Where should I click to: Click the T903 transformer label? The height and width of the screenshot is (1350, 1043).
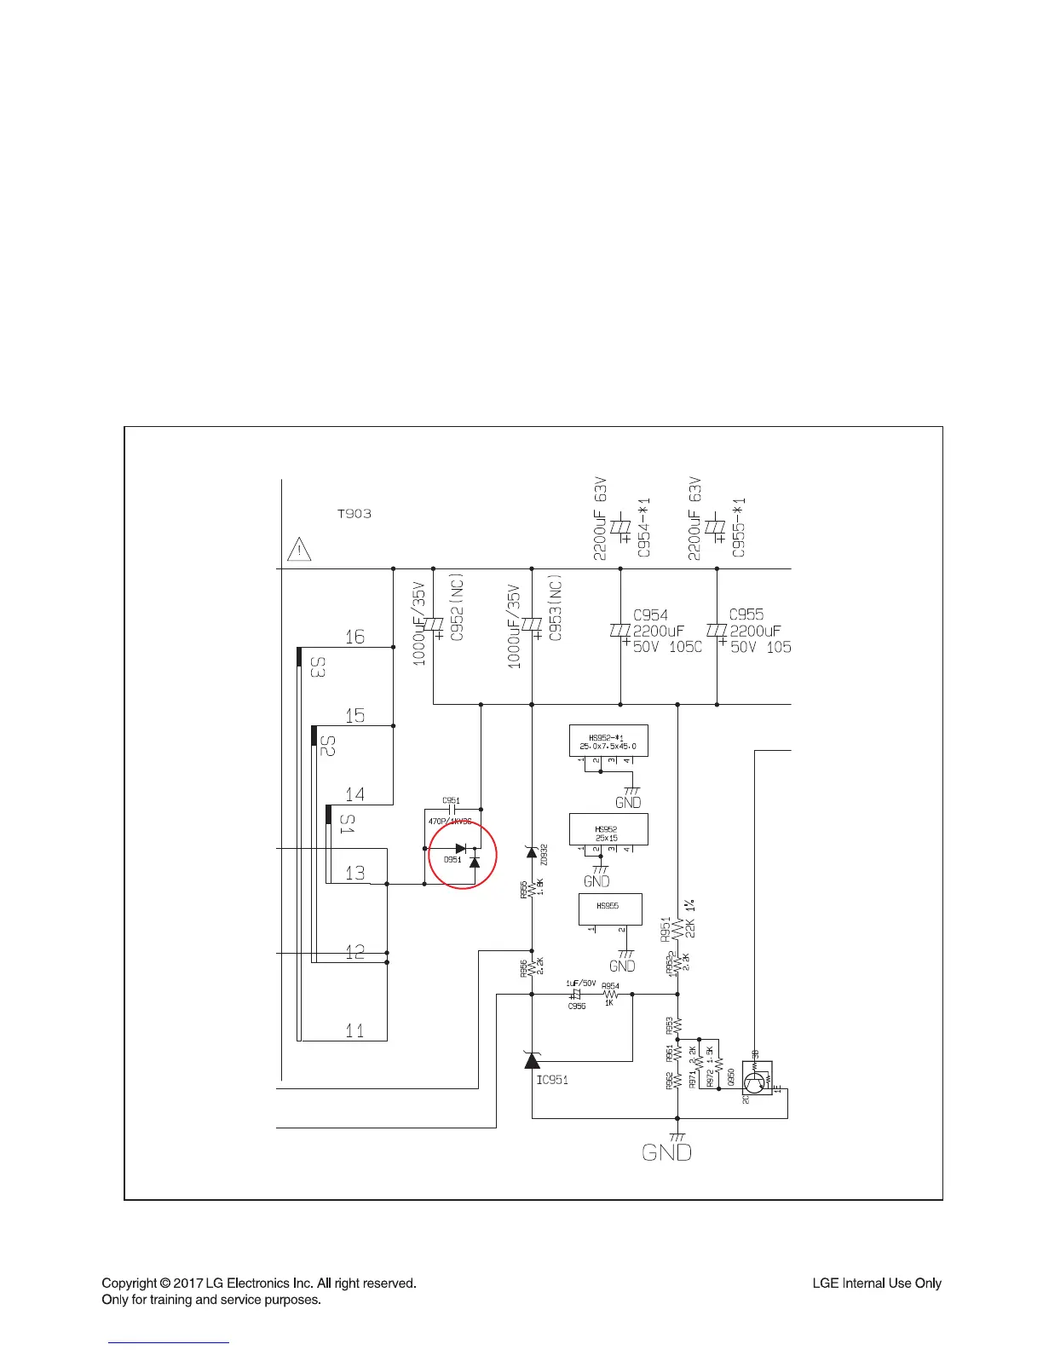click(354, 514)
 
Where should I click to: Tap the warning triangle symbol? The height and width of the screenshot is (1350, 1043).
click(299, 549)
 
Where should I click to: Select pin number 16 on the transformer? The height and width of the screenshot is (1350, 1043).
click(354, 637)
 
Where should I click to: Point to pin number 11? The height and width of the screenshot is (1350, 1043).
click(354, 1030)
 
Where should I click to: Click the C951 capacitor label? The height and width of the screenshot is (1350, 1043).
click(451, 800)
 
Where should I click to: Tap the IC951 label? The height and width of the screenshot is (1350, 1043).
click(552, 1080)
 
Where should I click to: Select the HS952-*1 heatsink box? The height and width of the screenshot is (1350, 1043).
click(608, 741)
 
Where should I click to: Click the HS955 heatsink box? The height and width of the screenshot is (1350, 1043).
click(609, 909)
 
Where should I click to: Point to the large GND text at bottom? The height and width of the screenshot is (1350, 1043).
click(666, 1153)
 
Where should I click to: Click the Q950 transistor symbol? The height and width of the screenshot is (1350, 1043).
click(755, 1082)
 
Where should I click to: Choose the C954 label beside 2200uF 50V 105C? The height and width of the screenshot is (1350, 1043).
click(650, 614)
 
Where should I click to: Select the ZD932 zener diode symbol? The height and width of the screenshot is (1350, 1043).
click(532, 851)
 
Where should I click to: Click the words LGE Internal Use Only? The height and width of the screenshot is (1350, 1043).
click(877, 1283)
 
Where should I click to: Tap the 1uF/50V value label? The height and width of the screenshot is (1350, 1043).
click(581, 984)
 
